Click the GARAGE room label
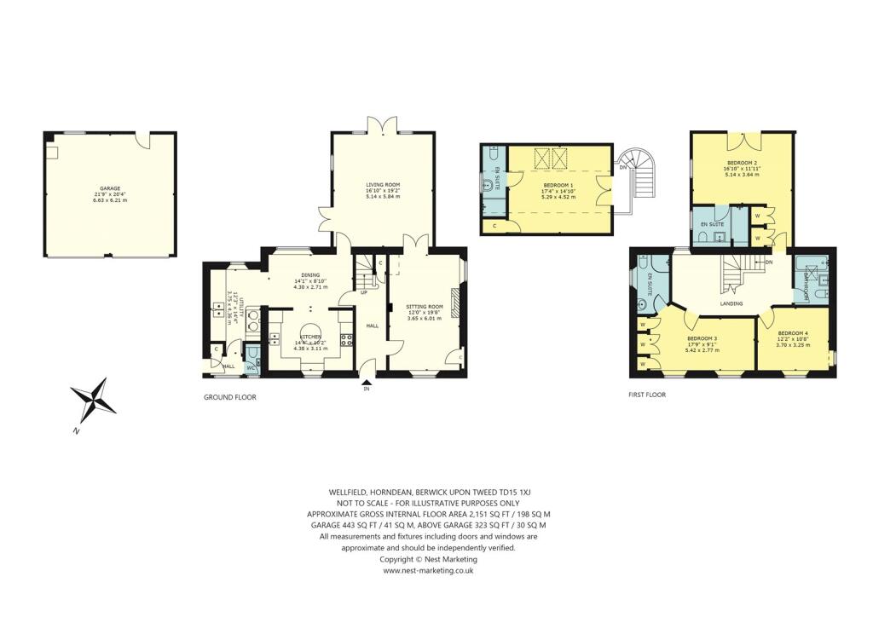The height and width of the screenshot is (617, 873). coord(110,188)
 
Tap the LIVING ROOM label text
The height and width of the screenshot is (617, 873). coord(383,184)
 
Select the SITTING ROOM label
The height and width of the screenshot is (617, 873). coord(424,306)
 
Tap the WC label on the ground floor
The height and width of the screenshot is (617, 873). coord(250,367)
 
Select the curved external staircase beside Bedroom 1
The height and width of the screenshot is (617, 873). coord(635,170)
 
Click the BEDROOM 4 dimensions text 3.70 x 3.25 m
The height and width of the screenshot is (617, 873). coord(792,343)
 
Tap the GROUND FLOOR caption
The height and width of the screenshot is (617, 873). coord(229,397)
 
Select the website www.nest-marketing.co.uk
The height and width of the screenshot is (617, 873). coord(428,571)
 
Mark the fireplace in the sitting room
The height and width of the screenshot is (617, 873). coord(454,302)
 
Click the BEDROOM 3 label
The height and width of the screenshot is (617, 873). coord(703,338)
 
